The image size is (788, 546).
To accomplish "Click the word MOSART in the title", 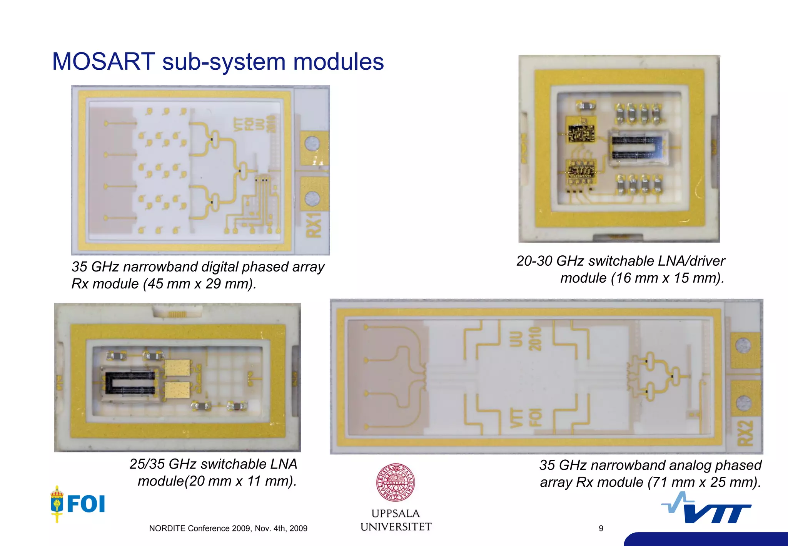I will coord(104,62).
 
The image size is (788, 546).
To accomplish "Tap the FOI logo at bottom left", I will coord(78,504).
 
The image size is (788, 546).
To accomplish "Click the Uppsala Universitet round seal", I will coord(395,482).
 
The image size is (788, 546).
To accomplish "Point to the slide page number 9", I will coord(601,529).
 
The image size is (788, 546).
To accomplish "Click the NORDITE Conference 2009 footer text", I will coord(228,529).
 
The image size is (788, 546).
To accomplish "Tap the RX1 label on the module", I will coord(314,226).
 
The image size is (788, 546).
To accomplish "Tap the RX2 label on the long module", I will coord(745,433).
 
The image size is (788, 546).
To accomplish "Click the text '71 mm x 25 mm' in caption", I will coord(703,482).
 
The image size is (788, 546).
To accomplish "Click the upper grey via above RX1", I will coord(312,144).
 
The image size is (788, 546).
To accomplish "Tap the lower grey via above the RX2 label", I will coord(743,403).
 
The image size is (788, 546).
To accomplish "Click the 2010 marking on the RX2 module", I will coord(535,339).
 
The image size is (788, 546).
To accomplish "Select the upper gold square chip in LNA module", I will coord(178,368).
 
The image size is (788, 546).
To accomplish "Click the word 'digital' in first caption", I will coord(225,267).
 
